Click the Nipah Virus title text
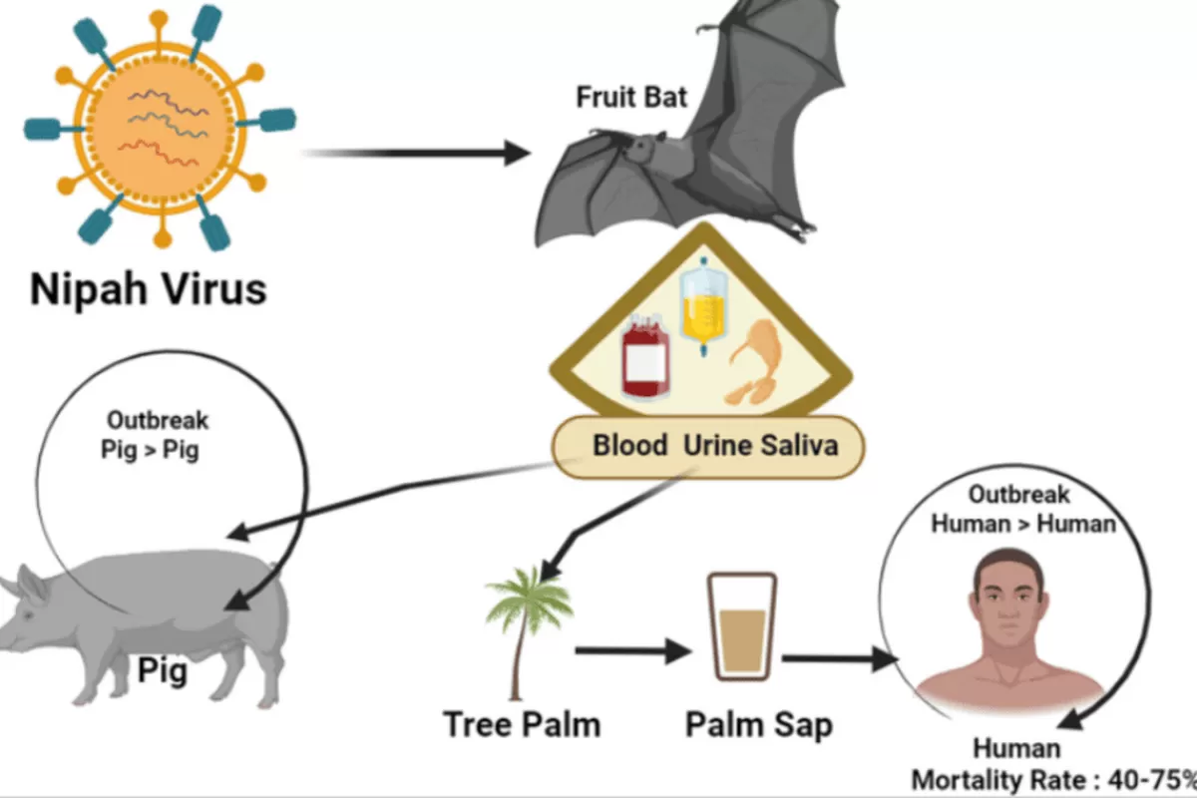[x=149, y=288]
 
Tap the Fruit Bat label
[x=631, y=98]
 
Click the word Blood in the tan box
[x=629, y=445]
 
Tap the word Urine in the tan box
[x=716, y=445]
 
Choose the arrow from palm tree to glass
[x=632, y=652]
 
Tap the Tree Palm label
[x=522, y=723]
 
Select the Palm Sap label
[x=759, y=723]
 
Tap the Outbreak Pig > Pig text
[x=150, y=434]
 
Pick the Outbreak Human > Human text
[x=1023, y=509]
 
